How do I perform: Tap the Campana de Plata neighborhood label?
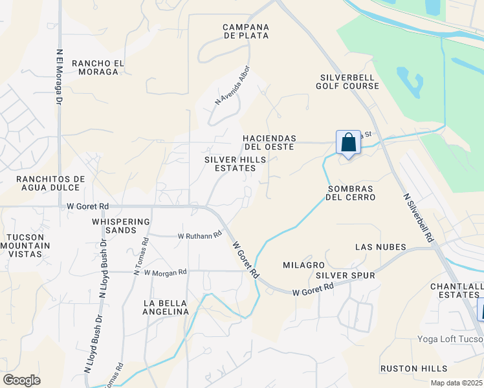[x=245, y=31]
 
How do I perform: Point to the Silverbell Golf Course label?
[x=347, y=81]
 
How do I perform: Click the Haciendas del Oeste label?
[x=269, y=142]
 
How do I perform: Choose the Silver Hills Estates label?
[x=230, y=164]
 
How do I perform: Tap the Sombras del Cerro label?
[x=350, y=192]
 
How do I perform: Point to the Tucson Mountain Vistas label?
[x=25, y=245]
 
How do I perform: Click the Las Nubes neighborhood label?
[x=380, y=247]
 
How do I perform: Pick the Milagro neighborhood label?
[x=303, y=265]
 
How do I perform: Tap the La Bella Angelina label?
[x=166, y=307]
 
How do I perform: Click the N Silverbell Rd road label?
[x=417, y=218]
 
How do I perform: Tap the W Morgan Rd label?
[x=165, y=272]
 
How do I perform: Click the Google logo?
[x=21, y=380]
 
